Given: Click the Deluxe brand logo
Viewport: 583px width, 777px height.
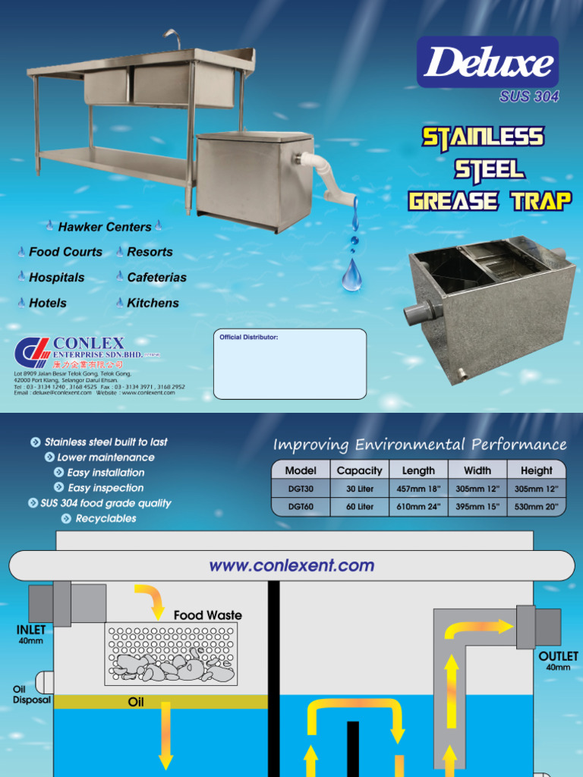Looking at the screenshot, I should pos(487,62).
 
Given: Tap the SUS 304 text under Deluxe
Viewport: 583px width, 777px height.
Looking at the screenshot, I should pos(529,96).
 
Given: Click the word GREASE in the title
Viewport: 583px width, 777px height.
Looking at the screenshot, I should pos(453,201).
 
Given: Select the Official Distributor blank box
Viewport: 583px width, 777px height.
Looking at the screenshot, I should pos(290,364).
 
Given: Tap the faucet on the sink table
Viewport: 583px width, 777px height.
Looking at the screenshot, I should pos(172,38).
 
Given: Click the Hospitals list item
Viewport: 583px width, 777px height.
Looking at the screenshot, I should pos(56,278).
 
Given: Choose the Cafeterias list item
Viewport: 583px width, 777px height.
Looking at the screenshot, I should pos(156,278).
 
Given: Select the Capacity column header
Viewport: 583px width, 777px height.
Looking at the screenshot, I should pos(359,470).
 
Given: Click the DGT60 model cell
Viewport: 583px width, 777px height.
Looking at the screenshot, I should pos(300,506).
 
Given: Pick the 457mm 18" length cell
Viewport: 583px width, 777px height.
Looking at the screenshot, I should pos(418,489).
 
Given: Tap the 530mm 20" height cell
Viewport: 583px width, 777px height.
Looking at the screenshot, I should pos(536,506).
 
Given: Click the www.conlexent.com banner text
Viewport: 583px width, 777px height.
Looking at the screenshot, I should pos(291,565).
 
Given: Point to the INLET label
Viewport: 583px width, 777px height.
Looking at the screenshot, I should pos(31,630).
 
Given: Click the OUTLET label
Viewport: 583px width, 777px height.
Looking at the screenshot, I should pos(558,656).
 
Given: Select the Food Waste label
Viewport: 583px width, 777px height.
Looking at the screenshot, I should pos(207,615).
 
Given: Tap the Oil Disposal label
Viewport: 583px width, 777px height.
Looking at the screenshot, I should pos(31,694).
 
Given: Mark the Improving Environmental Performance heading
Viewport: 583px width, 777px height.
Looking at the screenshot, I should pos(419,445).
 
